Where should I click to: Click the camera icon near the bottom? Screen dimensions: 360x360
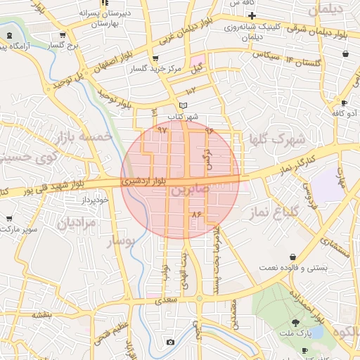170,342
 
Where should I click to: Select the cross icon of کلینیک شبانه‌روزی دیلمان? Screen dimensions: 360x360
251,15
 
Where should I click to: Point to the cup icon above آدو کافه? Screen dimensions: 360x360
345,102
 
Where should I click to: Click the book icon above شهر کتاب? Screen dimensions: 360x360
184,105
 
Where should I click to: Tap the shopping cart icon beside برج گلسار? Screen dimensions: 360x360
63,35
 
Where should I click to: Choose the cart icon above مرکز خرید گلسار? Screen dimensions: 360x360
155,59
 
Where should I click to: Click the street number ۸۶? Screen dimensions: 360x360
196,214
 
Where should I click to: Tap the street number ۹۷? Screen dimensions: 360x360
162,130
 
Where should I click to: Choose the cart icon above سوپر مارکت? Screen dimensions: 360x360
8,219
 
